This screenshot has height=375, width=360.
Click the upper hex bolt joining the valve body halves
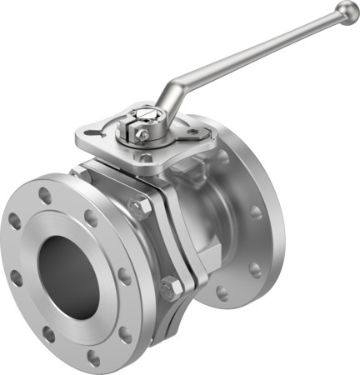pos(137,208)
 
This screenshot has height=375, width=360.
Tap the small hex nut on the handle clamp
pos(143,134)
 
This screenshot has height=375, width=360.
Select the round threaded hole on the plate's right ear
pos(195,131)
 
